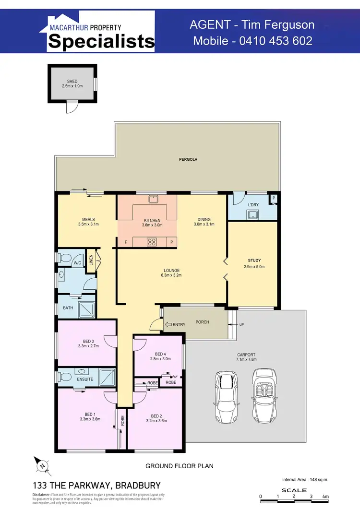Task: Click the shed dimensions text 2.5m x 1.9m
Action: tap(72, 86)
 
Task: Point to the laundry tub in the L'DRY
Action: tap(252, 214)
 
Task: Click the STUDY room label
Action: tap(254, 260)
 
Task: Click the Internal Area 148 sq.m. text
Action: tap(304, 479)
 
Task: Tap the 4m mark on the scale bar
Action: tap(325, 496)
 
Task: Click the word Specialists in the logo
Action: tap(101, 41)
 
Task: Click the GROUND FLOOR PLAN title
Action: tap(180, 466)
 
